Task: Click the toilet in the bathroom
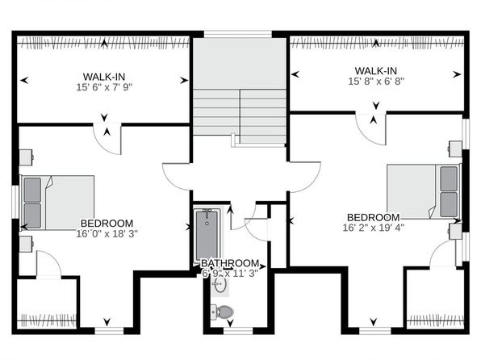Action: pos(222,312)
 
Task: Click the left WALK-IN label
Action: pos(104,77)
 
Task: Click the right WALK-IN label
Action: pos(376,71)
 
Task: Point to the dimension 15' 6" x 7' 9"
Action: pos(104,87)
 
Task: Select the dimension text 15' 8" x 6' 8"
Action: pos(376,82)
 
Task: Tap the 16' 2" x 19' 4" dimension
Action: pos(374,228)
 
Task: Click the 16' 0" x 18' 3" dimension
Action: pos(107,233)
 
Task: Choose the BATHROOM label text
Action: pos(230,263)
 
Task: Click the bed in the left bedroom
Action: pos(57,203)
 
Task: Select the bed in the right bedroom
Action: pos(424,192)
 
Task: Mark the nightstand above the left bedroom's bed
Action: pos(26,157)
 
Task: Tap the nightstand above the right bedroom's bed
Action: pos(455,149)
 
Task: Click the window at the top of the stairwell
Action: pos(238,34)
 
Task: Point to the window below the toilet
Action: pos(238,330)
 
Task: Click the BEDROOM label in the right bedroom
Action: pos(374,217)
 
